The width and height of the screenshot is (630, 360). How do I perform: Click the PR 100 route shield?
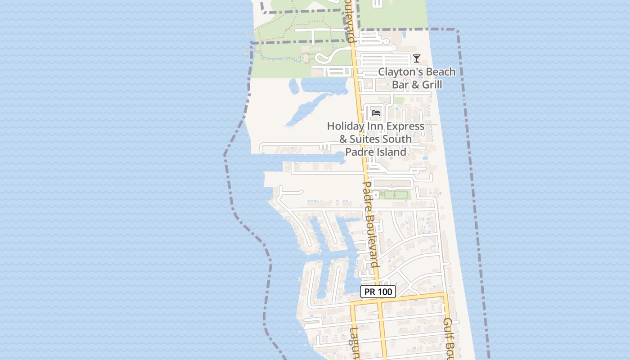(378, 292)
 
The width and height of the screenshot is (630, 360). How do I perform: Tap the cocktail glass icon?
(417, 58)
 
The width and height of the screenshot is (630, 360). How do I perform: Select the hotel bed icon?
(376, 112)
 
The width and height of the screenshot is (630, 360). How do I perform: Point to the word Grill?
(430, 85)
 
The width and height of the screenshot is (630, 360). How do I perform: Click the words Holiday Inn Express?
(376, 126)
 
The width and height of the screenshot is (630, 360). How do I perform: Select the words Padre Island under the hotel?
(376, 152)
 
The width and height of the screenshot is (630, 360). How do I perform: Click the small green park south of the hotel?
(394, 195)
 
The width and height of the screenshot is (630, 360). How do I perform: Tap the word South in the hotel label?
(396, 139)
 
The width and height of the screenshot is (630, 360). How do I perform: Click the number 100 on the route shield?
(385, 292)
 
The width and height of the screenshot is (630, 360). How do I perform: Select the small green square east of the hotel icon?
(399, 100)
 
